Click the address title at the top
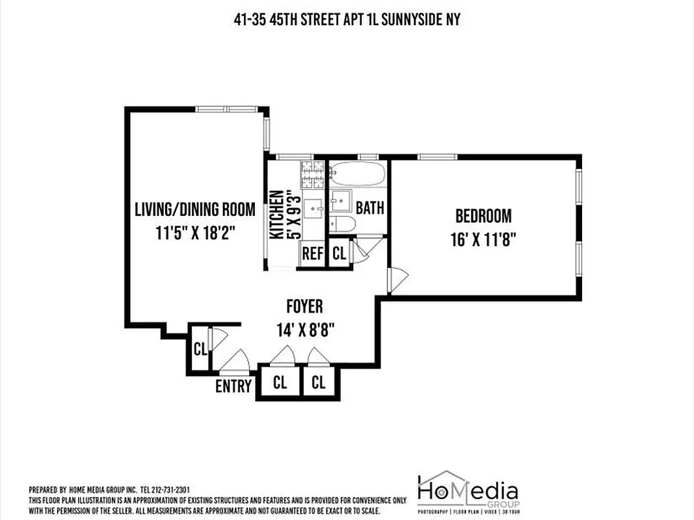347,19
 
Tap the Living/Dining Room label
194,209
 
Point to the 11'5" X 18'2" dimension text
194,232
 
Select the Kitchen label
276,214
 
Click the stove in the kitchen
312,173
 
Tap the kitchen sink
314,209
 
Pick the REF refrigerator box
312,253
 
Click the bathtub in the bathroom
358,174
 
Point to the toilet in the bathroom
343,225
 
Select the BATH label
369,208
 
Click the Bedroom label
483,215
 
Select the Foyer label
304,306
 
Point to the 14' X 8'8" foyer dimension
304,329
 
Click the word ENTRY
233,386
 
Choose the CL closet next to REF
339,253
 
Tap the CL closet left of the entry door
200,349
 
